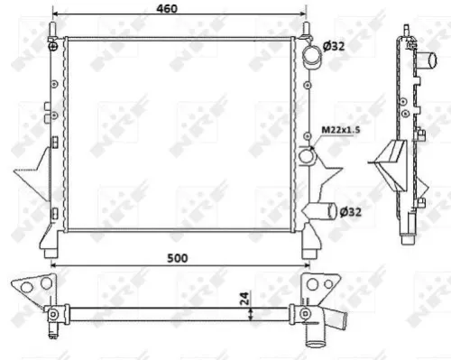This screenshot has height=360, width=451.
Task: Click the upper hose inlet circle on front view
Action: [x=312, y=57]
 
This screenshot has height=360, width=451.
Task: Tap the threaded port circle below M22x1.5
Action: [x=309, y=158]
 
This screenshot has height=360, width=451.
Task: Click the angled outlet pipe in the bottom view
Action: [x=339, y=321]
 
